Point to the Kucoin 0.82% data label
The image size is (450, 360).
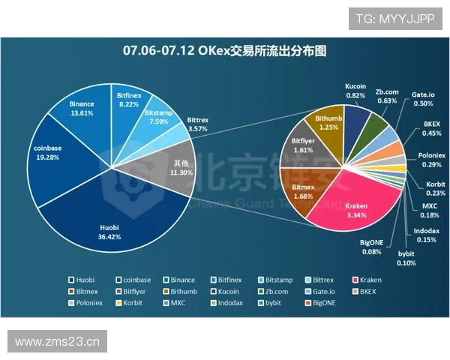pos(355,91)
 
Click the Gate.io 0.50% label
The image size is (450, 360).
pos(422,99)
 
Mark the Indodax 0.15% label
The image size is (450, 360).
pos(426,235)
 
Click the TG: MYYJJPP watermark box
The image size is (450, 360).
pos(394,19)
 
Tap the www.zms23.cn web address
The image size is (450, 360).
pos(57,342)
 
